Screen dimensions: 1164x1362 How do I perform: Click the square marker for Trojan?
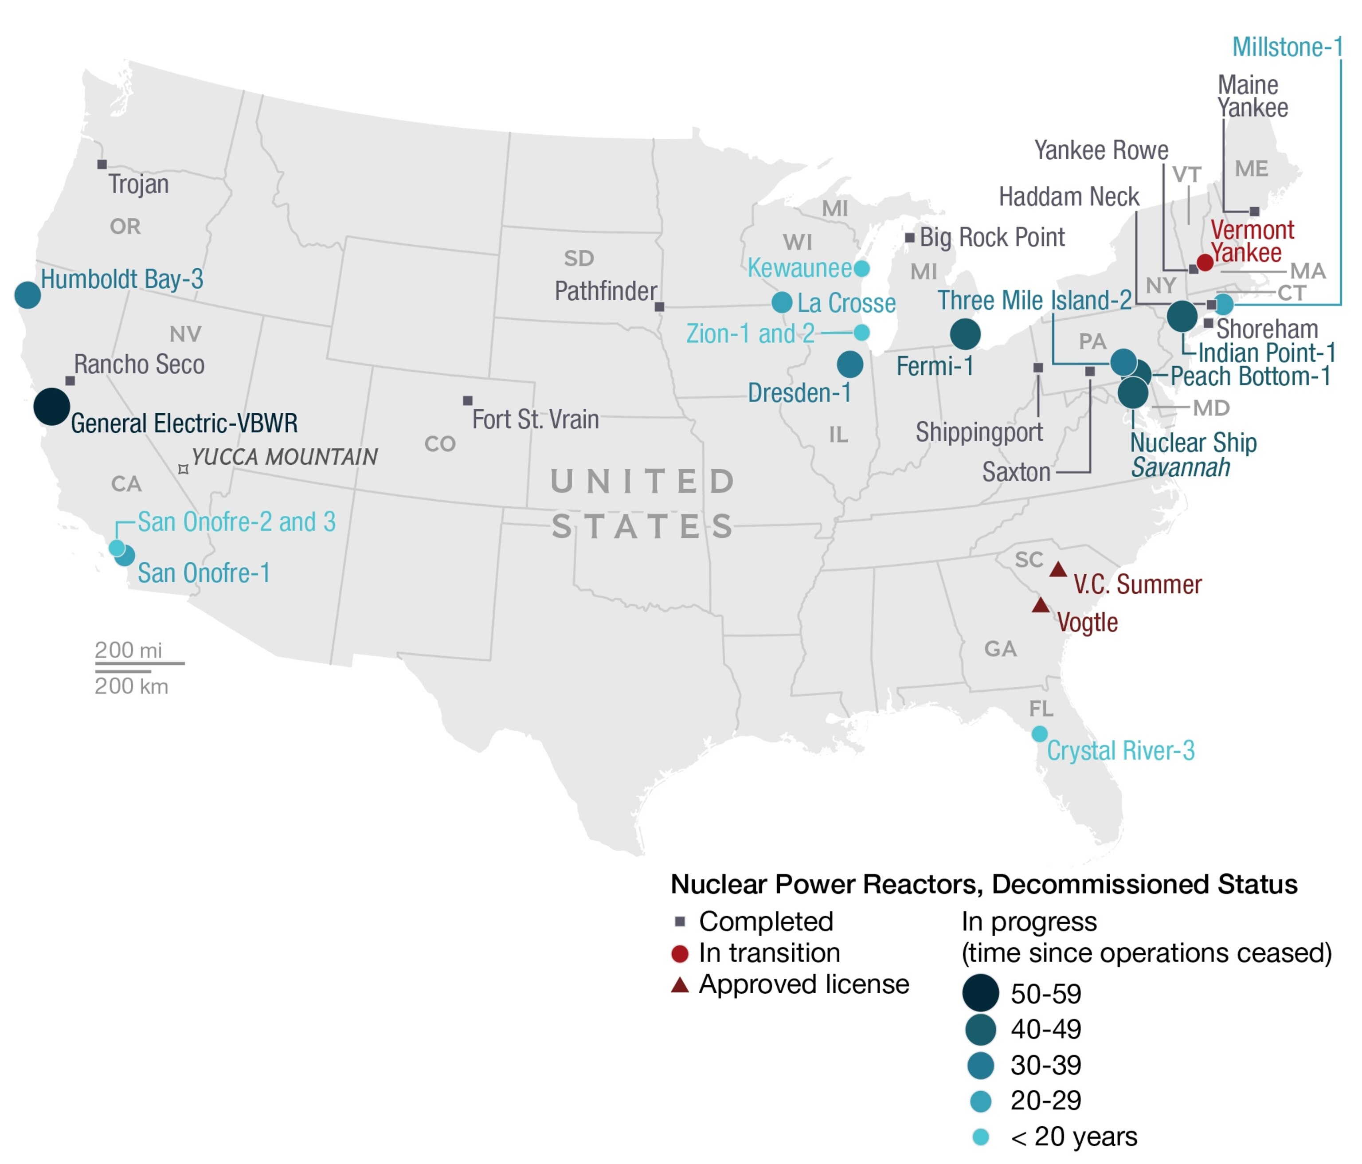pos(102,165)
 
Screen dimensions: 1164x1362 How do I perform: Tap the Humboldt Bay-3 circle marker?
pos(27,295)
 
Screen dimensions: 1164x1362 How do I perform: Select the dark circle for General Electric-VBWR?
pos(52,406)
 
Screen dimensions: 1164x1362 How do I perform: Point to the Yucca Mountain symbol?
pos(184,469)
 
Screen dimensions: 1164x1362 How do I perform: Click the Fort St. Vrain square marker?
pos(467,400)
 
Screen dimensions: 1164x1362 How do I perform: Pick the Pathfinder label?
pos(605,291)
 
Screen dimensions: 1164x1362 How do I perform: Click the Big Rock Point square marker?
pos(910,237)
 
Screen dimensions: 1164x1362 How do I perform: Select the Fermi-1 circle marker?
pos(965,334)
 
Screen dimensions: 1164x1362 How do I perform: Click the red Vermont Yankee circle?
pos(1205,262)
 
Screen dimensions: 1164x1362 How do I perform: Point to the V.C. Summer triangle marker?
pos(1058,570)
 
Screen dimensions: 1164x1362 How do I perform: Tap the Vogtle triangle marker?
pos(1041,605)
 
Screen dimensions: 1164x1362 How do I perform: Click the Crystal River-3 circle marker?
pos(1039,733)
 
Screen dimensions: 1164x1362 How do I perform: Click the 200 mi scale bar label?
pos(128,650)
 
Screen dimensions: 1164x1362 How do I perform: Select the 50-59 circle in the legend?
pos(980,993)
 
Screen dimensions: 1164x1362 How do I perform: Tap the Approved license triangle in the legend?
pos(680,984)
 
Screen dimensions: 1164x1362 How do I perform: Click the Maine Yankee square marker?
pos(1254,212)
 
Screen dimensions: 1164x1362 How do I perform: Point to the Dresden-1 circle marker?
pos(850,364)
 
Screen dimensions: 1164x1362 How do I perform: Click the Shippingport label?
pos(979,432)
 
